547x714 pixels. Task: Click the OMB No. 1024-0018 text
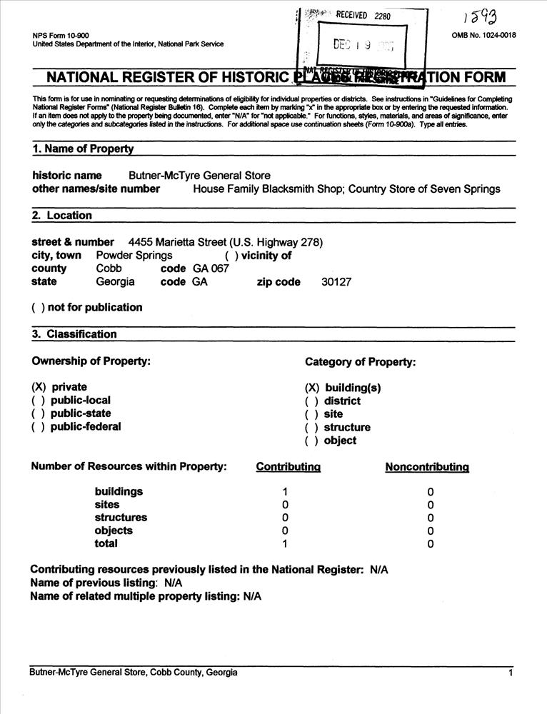[x=483, y=36]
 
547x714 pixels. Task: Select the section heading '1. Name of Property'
[x=83, y=149]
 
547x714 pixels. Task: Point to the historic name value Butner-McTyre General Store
[x=199, y=176]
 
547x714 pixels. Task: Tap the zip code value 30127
[x=336, y=282]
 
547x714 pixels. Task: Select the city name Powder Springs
[x=134, y=256]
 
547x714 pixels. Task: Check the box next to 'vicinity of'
[x=231, y=256]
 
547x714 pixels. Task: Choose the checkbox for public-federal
[x=38, y=427]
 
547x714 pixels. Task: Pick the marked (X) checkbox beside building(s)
[x=312, y=388]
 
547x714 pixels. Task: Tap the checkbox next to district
[x=311, y=401]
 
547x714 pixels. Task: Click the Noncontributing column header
[x=426, y=467]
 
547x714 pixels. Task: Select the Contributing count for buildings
[x=285, y=492]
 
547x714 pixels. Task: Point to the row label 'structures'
[x=121, y=518]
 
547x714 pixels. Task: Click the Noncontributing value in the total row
[x=430, y=544]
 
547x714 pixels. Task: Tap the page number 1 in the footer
[x=511, y=673]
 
